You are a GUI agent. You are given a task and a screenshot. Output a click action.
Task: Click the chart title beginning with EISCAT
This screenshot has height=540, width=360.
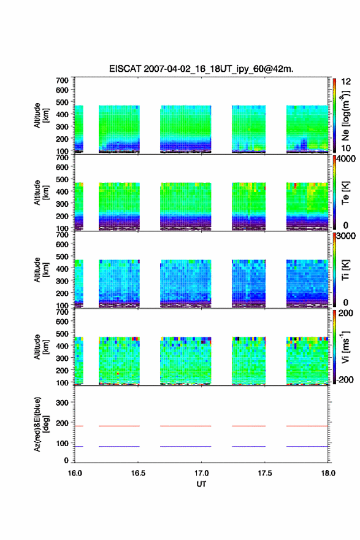click(201, 69)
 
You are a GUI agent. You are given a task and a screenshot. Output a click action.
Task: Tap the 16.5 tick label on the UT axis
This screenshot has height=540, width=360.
click(138, 473)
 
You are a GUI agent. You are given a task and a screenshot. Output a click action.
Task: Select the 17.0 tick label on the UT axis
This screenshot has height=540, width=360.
click(201, 473)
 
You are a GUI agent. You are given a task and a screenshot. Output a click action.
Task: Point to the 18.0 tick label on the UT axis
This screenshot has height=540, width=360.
click(328, 473)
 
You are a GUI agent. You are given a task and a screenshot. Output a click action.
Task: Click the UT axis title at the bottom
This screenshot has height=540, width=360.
click(201, 484)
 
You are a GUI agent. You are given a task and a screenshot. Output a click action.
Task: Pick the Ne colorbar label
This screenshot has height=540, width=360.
click(345, 116)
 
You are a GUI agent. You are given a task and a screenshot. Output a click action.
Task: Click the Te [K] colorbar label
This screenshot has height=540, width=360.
click(345, 193)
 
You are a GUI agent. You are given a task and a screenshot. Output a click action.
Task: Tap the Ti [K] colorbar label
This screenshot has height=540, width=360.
click(345, 271)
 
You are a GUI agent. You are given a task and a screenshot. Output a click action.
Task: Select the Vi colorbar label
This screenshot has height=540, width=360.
click(345, 347)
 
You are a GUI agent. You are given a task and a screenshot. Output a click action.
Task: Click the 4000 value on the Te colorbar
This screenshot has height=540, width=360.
click(347, 159)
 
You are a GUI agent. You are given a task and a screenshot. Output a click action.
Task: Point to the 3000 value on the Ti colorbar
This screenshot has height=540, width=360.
click(347, 236)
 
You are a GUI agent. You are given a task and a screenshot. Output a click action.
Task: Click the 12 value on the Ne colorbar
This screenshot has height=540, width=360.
click(346, 82)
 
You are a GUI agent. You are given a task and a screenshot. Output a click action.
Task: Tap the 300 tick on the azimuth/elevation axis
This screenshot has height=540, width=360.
click(62, 403)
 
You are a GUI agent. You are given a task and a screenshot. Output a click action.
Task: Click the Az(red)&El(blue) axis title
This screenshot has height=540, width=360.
click(40, 424)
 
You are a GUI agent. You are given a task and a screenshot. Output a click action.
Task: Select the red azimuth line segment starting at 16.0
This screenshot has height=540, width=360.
click(79, 426)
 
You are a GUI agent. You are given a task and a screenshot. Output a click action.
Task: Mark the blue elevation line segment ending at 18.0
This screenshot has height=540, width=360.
click(307, 446)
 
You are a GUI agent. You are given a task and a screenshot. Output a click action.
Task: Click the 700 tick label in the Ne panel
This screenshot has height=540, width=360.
click(62, 80)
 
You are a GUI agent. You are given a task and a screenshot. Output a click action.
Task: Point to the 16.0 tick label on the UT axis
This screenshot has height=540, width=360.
click(75, 473)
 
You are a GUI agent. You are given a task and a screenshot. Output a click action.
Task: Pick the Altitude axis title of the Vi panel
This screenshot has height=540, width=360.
click(40, 347)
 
